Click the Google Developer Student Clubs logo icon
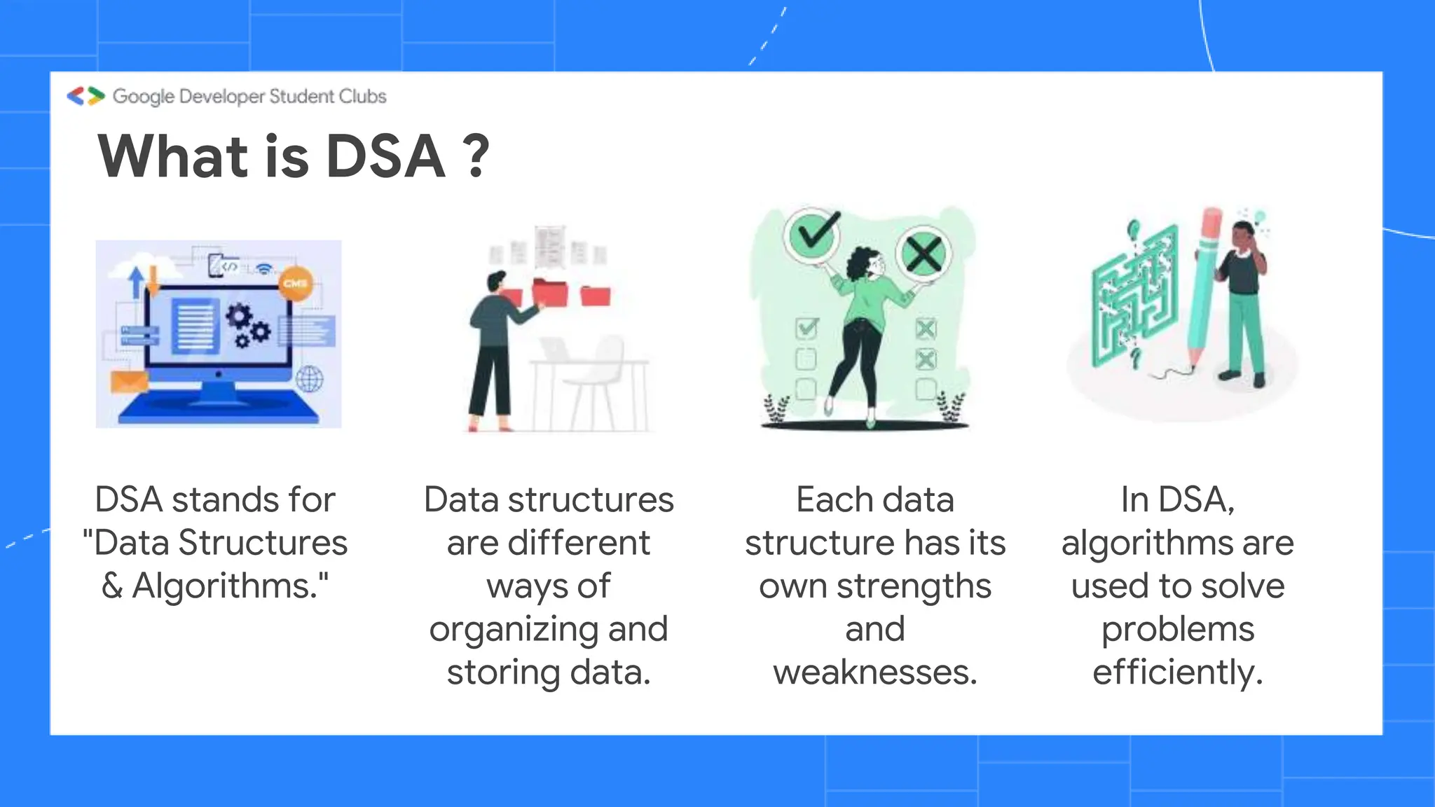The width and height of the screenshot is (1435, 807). pos(85,96)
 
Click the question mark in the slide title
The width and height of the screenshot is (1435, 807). pos(476,157)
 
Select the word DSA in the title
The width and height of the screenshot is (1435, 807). pos(385,157)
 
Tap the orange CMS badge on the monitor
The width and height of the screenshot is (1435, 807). pos(295,284)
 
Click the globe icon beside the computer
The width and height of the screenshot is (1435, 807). pos(309,380)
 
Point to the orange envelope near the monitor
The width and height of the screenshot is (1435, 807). pos(130,382)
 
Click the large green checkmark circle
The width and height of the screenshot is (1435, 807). pos(813,234)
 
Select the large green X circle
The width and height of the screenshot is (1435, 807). pos(924,253)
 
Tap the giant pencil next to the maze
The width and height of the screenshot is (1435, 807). pos(1204,287)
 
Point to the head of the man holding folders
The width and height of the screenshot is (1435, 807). pos(496,282)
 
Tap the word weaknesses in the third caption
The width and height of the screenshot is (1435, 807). pos(874,672)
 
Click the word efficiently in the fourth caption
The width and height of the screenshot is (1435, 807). pos(1177,672)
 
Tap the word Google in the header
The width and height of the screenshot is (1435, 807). pos(144,97)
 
